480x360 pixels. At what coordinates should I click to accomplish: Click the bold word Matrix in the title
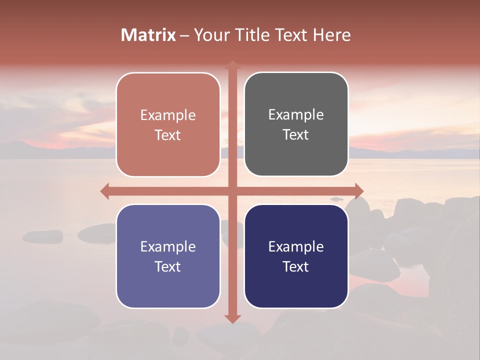pos(148,35)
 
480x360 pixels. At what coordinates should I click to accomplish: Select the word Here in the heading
pos(331,35)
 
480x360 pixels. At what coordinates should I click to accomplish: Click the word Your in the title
pos(209,35)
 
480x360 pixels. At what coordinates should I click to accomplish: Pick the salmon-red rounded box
pos(168,124)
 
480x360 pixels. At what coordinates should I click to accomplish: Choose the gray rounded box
pos(296,124)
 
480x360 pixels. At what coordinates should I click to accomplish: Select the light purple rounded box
pos(168,256)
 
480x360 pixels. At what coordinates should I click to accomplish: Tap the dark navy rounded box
pos(296,256)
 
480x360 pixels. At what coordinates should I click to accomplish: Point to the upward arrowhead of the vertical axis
pos(232,64)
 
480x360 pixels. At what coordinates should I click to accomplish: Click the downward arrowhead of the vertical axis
pos(232,318)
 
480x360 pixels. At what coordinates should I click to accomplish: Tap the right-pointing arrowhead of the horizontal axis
pos(358,191)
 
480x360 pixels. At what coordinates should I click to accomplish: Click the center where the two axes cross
pos(232,191)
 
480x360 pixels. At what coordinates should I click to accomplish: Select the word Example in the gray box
pos(296,115)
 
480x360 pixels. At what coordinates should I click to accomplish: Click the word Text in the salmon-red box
pos(168,135)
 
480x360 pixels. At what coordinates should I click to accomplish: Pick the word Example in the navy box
pos(296,246)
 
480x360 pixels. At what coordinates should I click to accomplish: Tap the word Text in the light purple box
pos(168,267)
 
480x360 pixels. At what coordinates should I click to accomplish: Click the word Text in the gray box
pos(296,135)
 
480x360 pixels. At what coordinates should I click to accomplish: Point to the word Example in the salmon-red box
pos(168,115)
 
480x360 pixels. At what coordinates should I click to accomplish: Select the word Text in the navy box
pos(296,267)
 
